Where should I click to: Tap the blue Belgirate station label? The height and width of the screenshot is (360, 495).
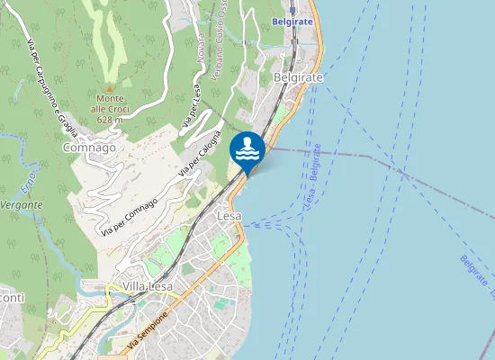pyautogui.click(x=291, y=19)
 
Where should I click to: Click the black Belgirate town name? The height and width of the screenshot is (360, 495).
pyautogui.click(x=301, y=77)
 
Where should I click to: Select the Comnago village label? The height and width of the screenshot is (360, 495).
pyautogui.click(x=90, y=148)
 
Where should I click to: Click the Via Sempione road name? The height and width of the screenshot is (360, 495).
pyautogui.click(x=148, y=330)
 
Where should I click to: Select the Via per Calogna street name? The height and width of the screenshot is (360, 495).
pyautogui.click(x=199, y=152)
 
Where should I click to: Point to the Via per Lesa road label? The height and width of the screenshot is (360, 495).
pyautogui.click(x=190, y=107)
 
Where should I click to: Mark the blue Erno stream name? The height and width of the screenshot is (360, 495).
pyautogui.click(x=27, y=175)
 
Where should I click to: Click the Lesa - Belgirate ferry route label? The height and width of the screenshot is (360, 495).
pyautogui.click(x=313, y=173)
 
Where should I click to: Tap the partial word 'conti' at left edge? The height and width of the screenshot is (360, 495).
pyautogui.click(x=12, y=299)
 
